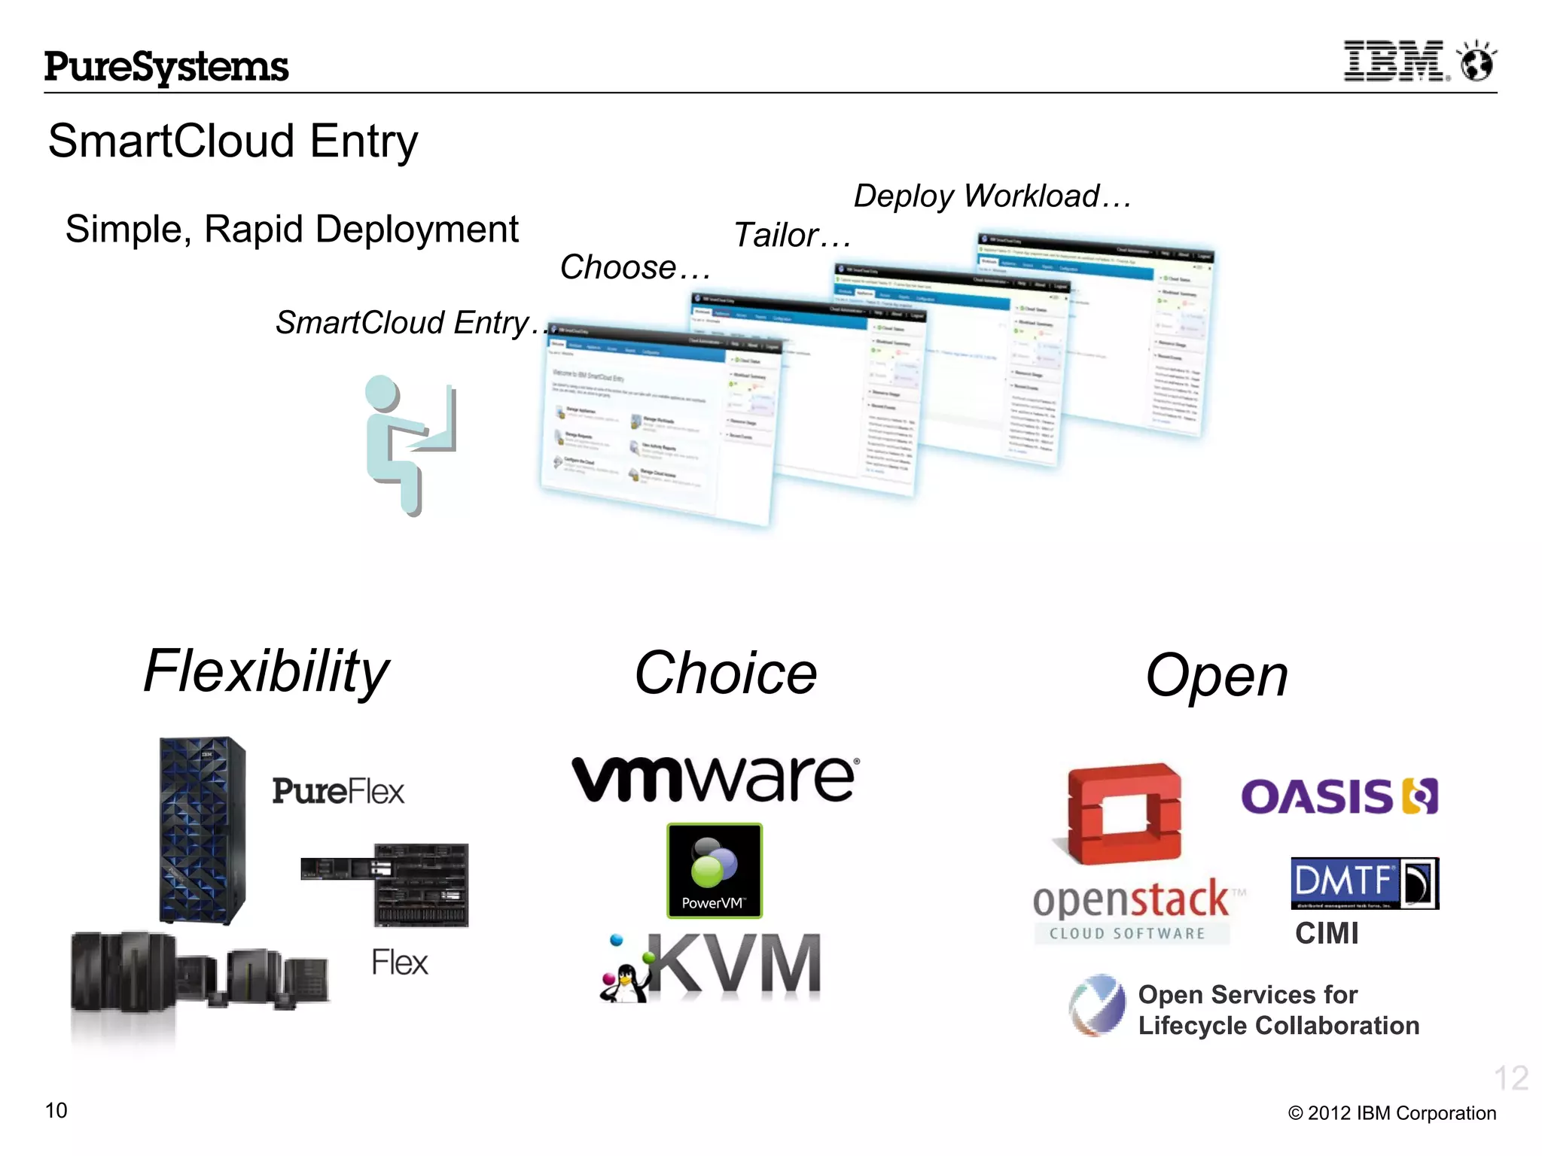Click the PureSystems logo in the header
[x=166, y=67]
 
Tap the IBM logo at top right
[x=1394, y=62]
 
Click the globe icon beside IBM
[x=1476, y=62]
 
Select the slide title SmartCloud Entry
[x=233, y=141]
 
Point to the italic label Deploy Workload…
[x=992, y=196]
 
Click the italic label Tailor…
[x=791, y=236]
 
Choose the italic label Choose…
[x=635, y=268]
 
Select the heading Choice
[x=725, y=674]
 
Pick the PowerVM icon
[x=714, y=871]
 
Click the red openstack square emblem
[x=1124, y=814]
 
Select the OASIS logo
[x=1339, y=797]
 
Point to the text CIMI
[x=1327, y=934]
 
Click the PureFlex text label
[x=338, y=792]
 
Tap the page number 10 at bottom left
[x=56, y=1111]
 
